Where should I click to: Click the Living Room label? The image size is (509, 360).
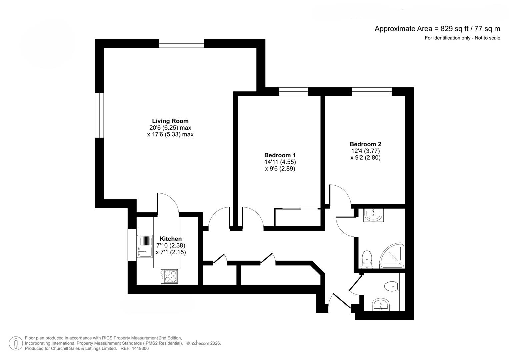pyautogui.click(x=170, y=121)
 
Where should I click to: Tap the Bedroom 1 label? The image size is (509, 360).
pyautogui.click(x=280, y=155)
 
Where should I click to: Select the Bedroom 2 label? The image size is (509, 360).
pyautogui.click(x=365, y=144)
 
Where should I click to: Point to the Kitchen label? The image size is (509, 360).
pyautogui.click(x=171, y=239)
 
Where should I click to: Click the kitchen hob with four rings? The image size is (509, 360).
pyautogui.click(x=169, y=276)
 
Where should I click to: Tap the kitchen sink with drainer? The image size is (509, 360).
pyautogui.click(x=145, y=246)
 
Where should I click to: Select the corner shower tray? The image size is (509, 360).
pyautogui.click(x=392, y=255)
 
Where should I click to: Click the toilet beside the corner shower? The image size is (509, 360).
pyautogui.click(x=367, y=259)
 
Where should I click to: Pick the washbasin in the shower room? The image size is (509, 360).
pyautogui.click(x=373, y=215)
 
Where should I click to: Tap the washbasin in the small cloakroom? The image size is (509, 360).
pyautogui.click(x=381, y=305)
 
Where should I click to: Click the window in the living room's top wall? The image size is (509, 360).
pyautogui.click(x=181, y=43)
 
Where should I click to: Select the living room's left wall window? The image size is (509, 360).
pyautogui.click(x=99, y=115)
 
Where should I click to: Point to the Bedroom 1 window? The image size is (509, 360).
pyautogui.click(x=293, y=92)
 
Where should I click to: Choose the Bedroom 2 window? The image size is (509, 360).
pyautogui.click(x=372, y=92)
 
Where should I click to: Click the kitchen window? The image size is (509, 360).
pyautogui.click(x=132, y=245)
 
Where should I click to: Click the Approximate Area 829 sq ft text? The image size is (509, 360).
pyautogui.click(x=437, y=29)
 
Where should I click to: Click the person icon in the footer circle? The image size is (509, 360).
pyautogui.click(x=16, y=343)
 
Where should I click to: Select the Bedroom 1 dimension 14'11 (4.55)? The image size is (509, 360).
pyautogui.click(x=280, y=162)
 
